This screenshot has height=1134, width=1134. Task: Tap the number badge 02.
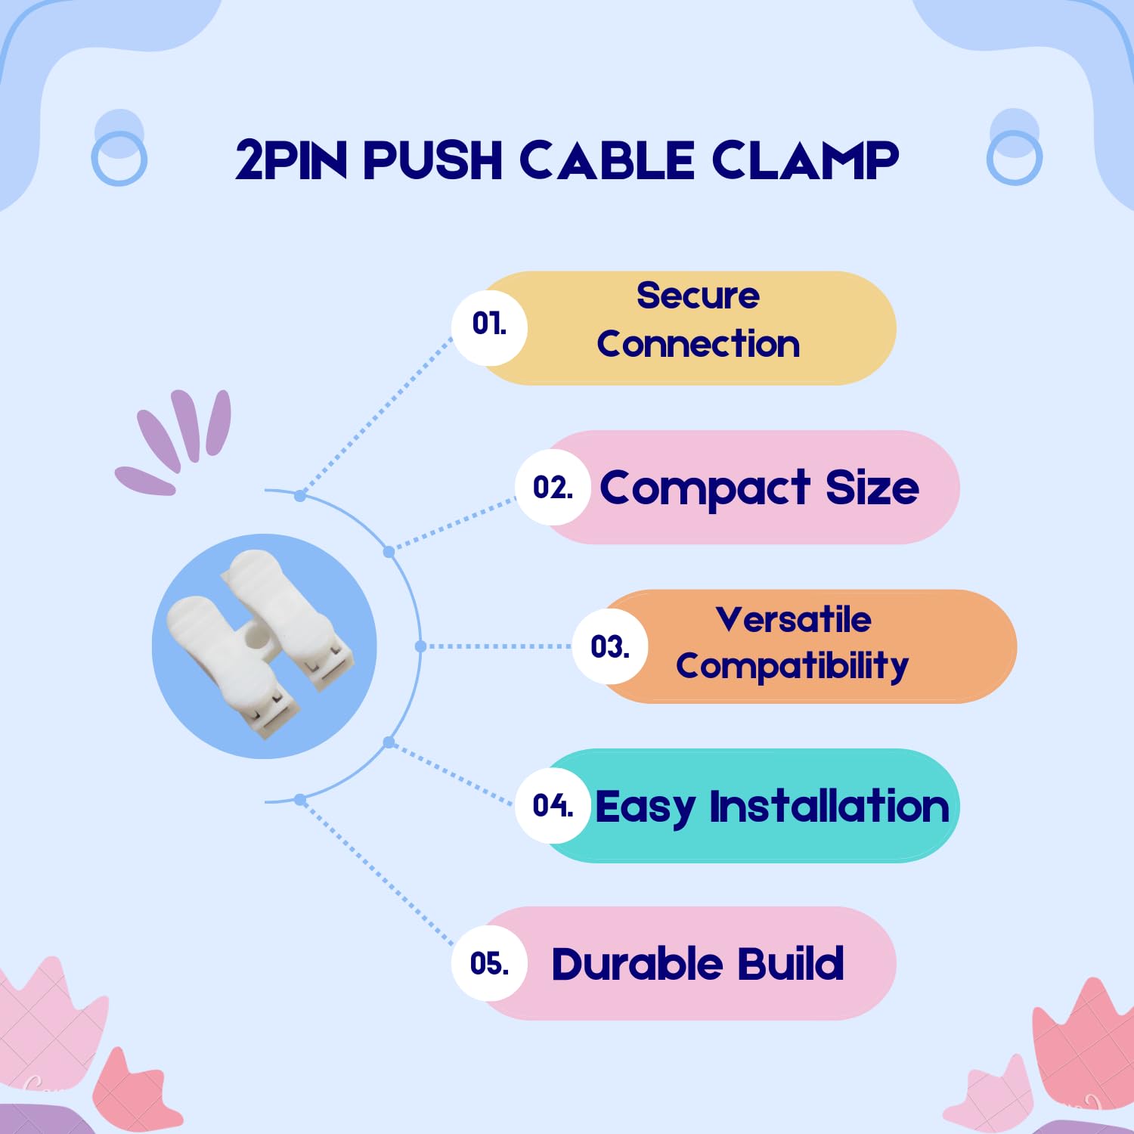click(x=553, y=488)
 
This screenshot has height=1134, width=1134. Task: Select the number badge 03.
click(x=610, y=647)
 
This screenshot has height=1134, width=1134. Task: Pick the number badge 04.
click(x=553, y=806)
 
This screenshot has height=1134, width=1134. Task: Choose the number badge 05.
click(x=489, y=964)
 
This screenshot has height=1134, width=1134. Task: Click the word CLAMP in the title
click(x=805, y=160)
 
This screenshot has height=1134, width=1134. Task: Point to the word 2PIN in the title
click(x=291, y=160)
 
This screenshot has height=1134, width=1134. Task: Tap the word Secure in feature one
click(x=698, y=296)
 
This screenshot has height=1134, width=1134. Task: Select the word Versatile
click(x=793, y=620)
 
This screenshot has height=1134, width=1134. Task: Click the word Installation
click(x=829, y=806)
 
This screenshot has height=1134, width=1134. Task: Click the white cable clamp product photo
click(x=264, y=646)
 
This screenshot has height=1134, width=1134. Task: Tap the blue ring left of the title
click(x=119, y=158)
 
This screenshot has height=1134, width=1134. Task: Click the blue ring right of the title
click(x=1014, y=158)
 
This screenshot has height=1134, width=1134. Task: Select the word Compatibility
click(x=792, y=667)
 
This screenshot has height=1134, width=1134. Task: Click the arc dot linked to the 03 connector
click(x=421, y=646)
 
